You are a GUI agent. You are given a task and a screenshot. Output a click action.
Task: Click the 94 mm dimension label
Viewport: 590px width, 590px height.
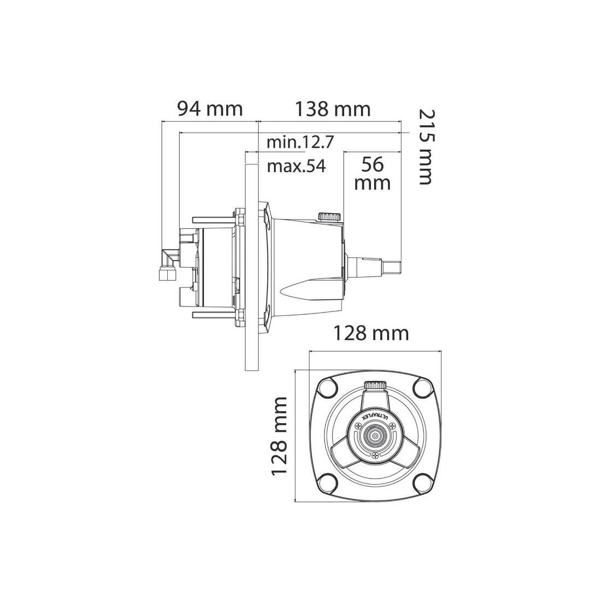210,109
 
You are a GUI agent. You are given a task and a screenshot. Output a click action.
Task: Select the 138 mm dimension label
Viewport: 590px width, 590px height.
333,109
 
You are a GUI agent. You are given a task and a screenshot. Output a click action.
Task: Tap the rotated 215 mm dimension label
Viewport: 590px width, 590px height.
427,147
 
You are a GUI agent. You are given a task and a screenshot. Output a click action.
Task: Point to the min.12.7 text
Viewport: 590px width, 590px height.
300,142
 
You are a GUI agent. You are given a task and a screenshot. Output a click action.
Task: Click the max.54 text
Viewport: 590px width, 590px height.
297,166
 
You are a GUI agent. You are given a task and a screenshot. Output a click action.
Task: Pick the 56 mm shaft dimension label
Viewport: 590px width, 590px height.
373,174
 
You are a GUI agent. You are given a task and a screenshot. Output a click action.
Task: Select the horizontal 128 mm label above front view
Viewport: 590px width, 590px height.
371,333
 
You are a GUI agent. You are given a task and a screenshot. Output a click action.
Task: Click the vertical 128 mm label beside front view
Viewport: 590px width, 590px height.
279,435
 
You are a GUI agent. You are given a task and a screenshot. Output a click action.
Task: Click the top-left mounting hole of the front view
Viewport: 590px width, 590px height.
327,389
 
